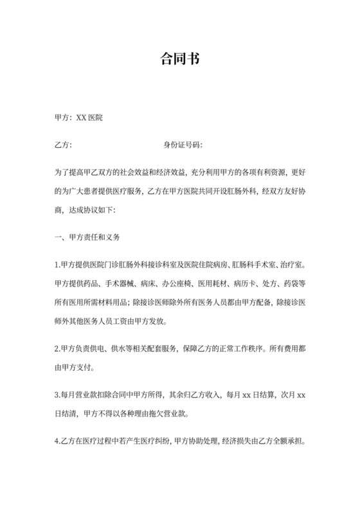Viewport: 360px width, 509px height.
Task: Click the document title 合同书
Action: click(179, 60)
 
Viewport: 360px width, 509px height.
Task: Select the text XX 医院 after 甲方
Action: click(90, 119)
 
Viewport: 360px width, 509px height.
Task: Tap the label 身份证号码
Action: click(183, 145)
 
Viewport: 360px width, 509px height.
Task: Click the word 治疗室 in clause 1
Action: click(290, 264)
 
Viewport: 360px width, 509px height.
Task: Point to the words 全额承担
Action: click(289, 443)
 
